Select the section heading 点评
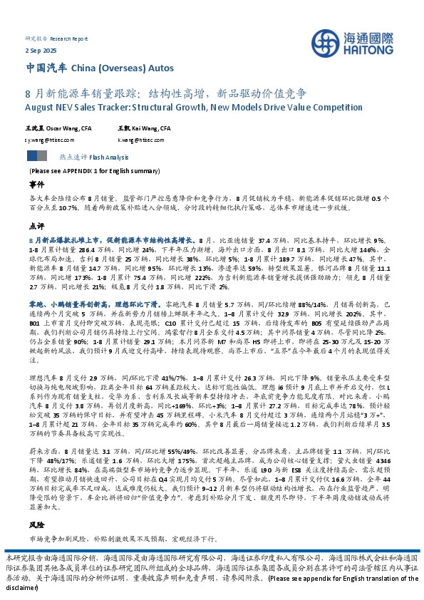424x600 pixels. click(36, 224)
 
